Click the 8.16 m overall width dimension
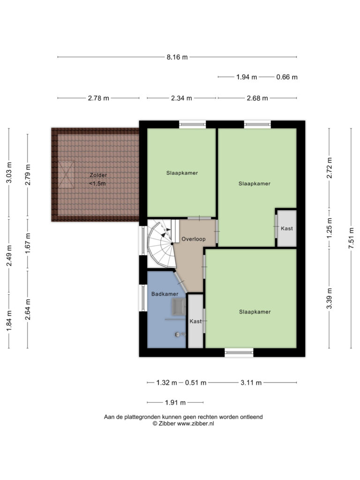click(x=177, y=57)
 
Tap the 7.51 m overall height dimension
click(x=351, y=239)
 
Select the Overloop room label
click(x=194, y=239)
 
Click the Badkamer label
click(x=165, y=294)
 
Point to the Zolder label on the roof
click(x=98, y=175)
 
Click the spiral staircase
click(x=161, y=244)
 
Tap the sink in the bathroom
click(x=179, y=307)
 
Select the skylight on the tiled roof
click(x=66, y=175)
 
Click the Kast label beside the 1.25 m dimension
click(x=287, y=228)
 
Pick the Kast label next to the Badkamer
click(x=195, y=321)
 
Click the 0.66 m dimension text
click(x=287, y=77)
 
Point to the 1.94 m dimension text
click(x=247, y=77)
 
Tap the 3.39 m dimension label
click(x=329, y=299)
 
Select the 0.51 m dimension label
click(x=195, y=382)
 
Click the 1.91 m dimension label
click(x=175, y=403)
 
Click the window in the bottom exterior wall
click(x=239, y=352)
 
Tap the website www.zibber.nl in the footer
click(x=195, y=424)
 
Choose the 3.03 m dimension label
click(x=9, y=172)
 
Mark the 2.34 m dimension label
click(x=181, y=98)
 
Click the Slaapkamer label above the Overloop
click(x=182, y=173)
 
